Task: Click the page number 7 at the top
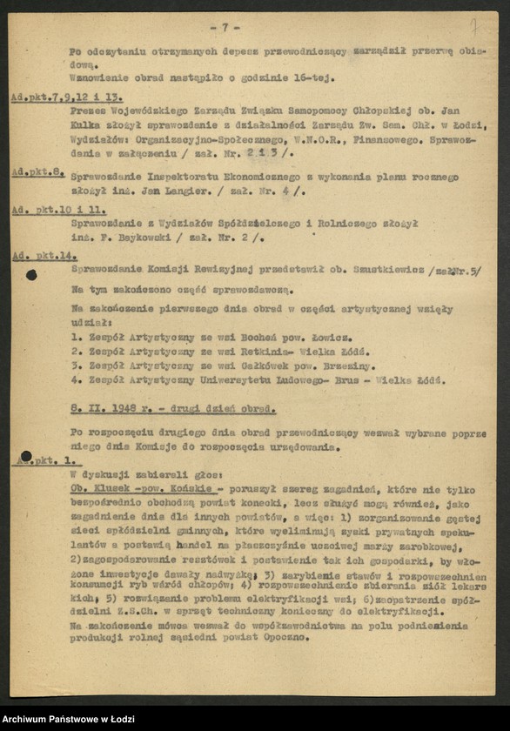[x=230, y=27]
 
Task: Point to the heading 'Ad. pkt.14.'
[x=44, y=256]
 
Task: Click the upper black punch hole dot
[x=32, y=275]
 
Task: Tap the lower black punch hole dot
[x=26, y=456]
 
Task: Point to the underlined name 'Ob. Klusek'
[x=98, y=489]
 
